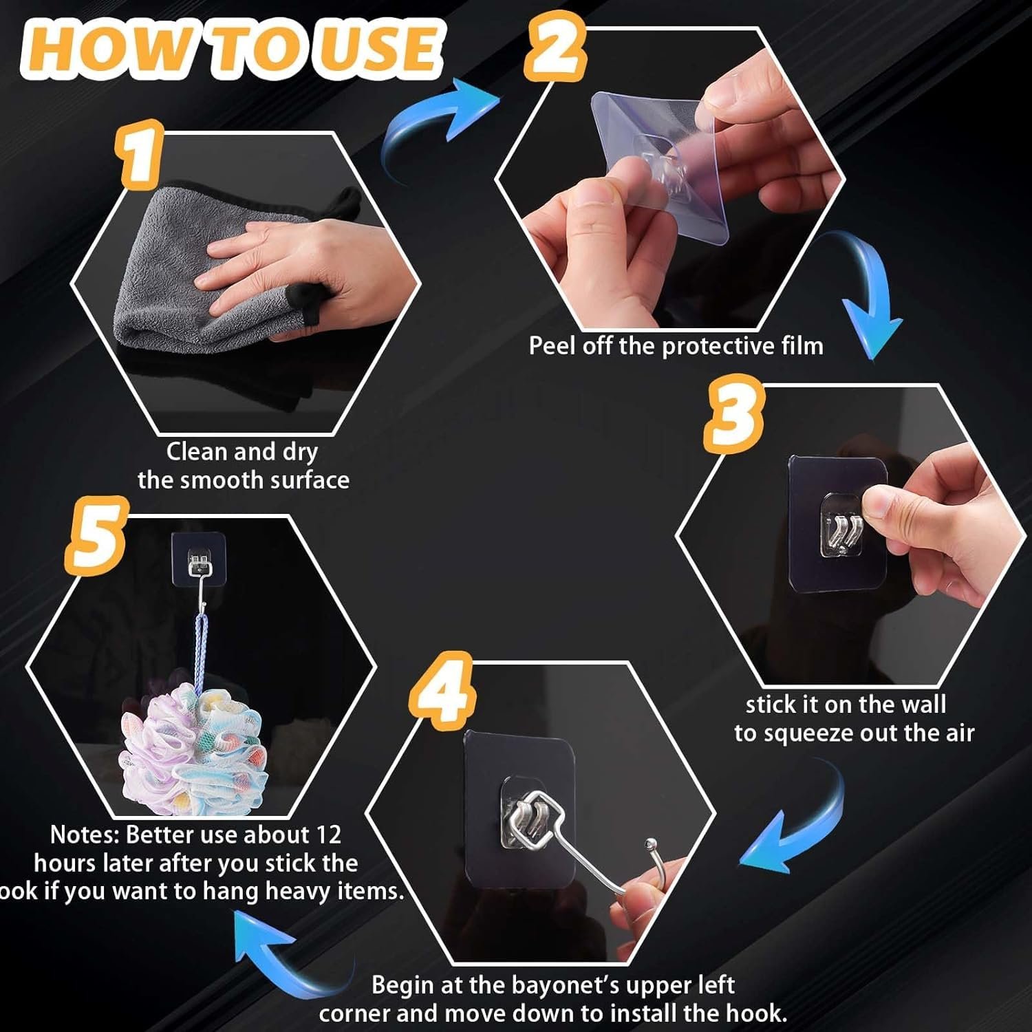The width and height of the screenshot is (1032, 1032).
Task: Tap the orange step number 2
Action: coord(555,45)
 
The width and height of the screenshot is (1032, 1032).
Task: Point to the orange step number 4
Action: coord(442,689)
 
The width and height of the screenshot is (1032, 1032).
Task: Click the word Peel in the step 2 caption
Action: coord(553,345)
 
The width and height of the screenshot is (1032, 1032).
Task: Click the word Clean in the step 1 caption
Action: coord(197,451)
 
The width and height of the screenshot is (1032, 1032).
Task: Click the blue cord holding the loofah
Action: coord(200,650)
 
